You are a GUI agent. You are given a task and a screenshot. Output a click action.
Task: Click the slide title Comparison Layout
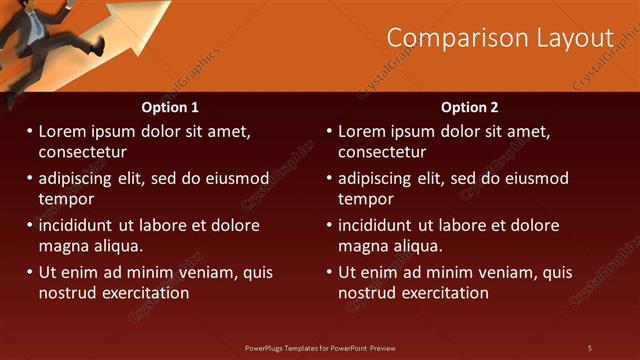500,38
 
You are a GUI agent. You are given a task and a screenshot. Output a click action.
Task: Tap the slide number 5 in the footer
590,347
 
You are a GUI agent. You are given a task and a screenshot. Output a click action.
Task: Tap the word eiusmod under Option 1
235,178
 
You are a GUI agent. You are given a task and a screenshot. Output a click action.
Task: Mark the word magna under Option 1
62,246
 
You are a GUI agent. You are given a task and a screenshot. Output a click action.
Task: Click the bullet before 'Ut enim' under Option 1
29,272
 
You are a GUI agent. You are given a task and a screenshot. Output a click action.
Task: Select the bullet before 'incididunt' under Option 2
329,225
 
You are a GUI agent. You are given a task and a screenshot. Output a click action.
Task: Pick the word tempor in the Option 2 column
365,199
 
